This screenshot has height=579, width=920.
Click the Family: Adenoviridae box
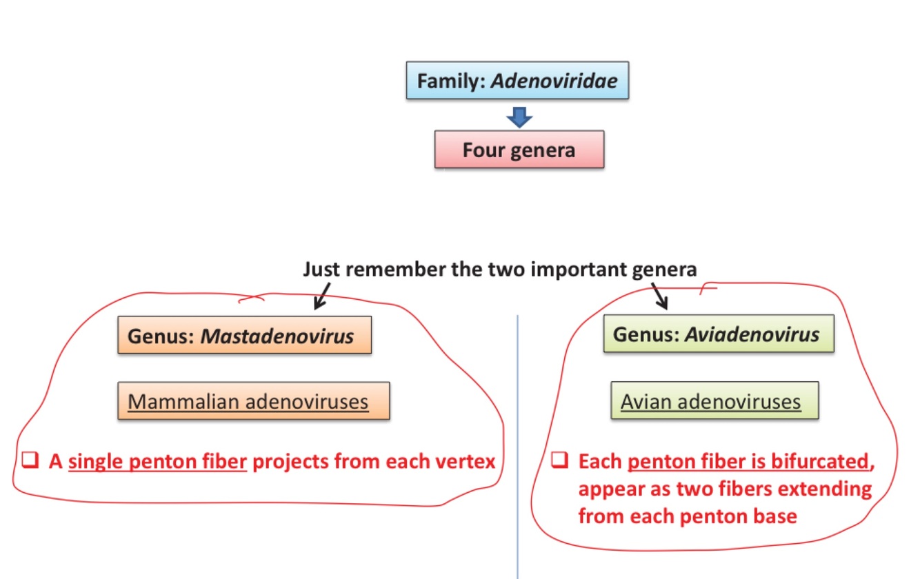tap(517, 81)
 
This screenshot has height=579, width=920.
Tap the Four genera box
tap(519, 149)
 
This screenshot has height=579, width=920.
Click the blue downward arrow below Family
tap(519, 116)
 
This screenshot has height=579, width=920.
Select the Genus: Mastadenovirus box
tap(244, 335)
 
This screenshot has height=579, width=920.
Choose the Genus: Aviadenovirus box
tap(718, 334)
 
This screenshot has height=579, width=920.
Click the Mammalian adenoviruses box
tap(253, 400)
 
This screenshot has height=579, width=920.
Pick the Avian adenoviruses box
tap(714, 400)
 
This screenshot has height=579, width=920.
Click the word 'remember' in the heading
tap(396, 270)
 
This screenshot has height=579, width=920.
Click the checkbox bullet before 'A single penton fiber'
tap(29, 460)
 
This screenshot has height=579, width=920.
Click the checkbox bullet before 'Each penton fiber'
tap(560, 461)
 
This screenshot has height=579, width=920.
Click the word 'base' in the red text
tap(775, 516)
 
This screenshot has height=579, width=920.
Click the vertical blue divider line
tap(517, 448)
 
